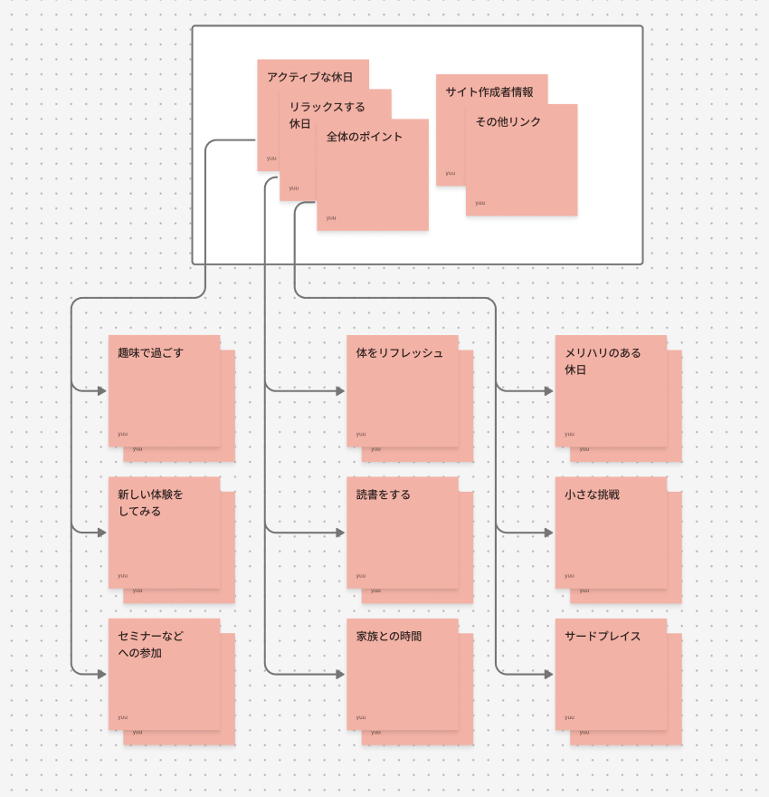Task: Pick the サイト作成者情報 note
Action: click(x=489, y=91)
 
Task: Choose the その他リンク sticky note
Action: click(x=521, y=159)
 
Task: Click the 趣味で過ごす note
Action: click(x=164, y=390)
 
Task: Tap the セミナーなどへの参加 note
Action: click(x=164, y=674)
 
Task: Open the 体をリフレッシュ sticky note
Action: click(x=402, y=390)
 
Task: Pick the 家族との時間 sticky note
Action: click(x=402, y=674)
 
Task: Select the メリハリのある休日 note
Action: click(x=611, y=390)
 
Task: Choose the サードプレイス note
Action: click(x=611, y=674)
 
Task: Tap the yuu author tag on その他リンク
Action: click(x=479, y=203)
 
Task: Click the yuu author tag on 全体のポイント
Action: click(x=331, y=217)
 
